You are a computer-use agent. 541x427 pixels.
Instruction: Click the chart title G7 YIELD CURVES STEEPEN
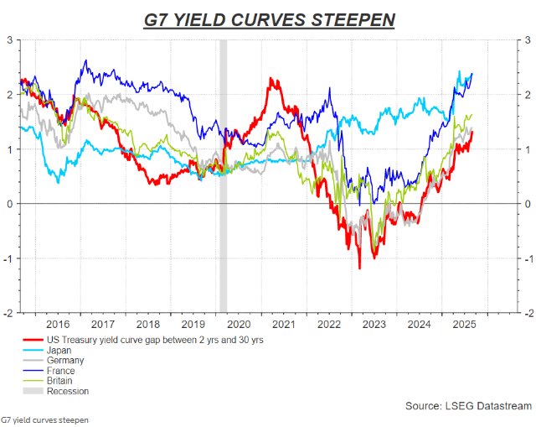[x=270, y=18]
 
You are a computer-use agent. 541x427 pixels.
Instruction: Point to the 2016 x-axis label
[x=58, y=324]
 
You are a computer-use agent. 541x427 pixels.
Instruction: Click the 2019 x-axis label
[x=193, y=324]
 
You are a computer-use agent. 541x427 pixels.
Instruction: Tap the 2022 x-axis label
[x=329, y=324]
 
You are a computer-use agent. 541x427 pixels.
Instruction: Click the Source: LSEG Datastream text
[x=468, y=406]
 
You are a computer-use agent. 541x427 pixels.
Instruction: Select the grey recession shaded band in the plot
[x=223, y=168]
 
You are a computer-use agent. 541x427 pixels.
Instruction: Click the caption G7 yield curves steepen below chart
[x=44, y=419]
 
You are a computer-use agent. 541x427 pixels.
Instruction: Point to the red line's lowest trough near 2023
[x=359, y=268]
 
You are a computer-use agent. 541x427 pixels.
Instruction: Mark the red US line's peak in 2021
[x=272, y=80]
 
